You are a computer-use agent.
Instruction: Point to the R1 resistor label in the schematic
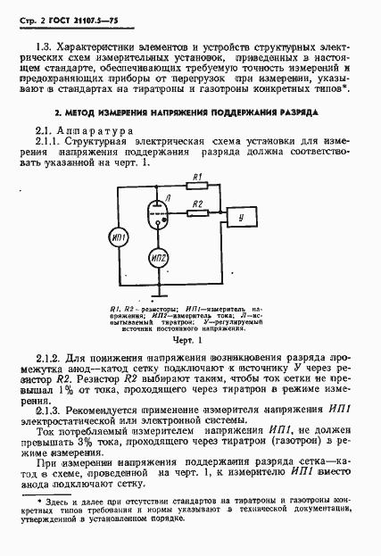200,177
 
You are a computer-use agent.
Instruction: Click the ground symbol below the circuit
159,291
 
